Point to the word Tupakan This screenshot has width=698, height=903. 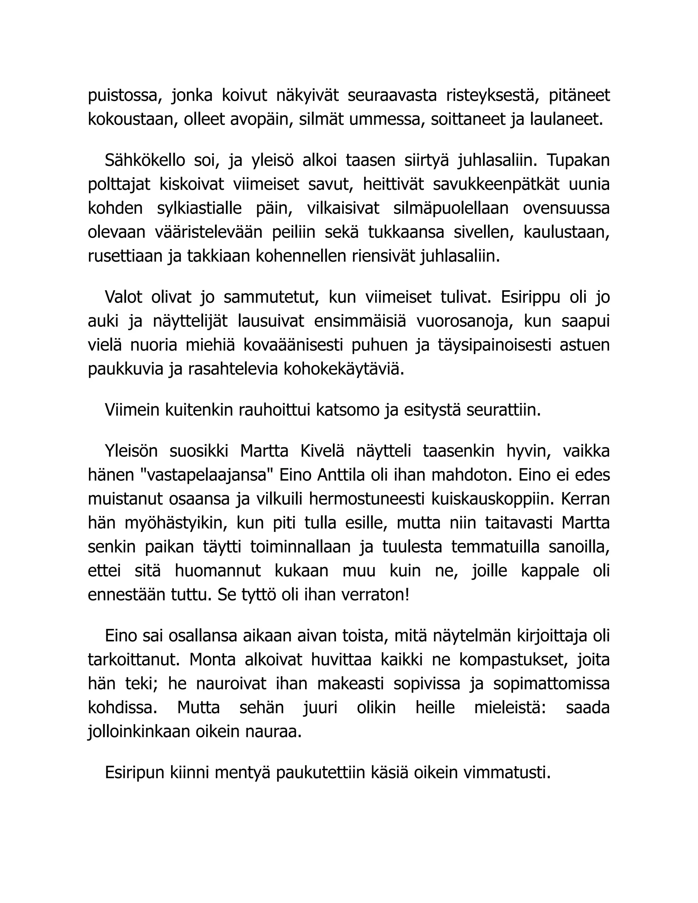(x=578, y=160)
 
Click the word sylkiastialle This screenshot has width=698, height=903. (x=199, y=208)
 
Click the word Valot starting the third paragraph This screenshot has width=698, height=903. (x=123, y=297)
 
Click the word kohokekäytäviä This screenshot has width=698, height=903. (x=343, y=369)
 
